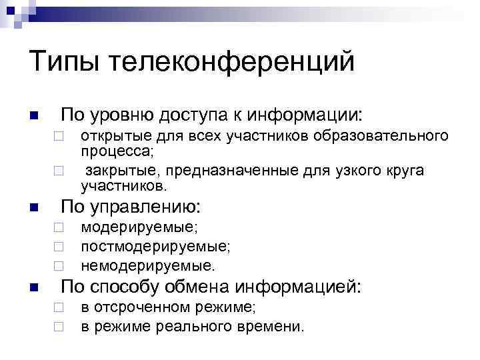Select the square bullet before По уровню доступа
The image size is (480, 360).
coord(35,116)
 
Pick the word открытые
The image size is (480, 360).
coord(113,137)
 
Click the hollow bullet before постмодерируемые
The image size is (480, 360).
coord(59,247)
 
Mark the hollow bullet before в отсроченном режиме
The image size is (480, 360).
coord(59,309)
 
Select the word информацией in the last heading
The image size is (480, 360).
coord(303,288)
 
